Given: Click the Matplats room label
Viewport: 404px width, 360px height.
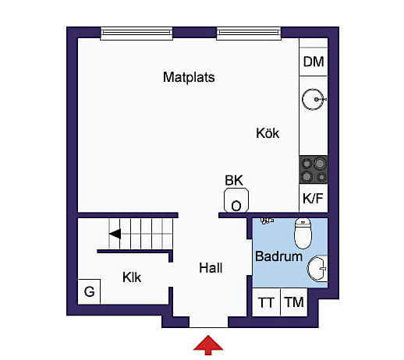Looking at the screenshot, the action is coord(189,77).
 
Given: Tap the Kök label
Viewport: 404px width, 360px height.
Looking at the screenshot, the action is coord(268,133).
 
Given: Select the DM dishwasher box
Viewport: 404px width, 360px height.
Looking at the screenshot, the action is coord(314,62).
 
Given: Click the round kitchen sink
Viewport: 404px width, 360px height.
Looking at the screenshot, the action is coord(314,99).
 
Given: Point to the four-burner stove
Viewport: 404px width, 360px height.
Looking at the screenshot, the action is coord(314,170).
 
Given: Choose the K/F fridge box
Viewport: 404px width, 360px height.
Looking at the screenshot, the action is coord(314,198).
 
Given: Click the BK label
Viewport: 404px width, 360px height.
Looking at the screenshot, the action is coord(234,180).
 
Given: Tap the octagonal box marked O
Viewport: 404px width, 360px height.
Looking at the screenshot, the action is coord(236,200).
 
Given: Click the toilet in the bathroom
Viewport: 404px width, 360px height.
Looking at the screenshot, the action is coord(303,233).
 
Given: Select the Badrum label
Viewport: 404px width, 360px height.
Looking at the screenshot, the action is coord(278,256).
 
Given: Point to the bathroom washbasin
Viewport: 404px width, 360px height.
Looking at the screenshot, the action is coord(317,269).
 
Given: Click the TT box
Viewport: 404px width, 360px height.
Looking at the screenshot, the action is coord(266,302).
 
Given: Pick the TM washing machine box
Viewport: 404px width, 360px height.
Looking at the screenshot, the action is coord(294,302).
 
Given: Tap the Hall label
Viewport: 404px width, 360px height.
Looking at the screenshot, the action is coord(211,268).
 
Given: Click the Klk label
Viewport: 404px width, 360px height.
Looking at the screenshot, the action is coord(132,277).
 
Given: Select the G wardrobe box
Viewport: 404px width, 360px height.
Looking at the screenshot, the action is coord(89,291).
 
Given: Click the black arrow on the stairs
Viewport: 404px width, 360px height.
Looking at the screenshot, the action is coord(115,234).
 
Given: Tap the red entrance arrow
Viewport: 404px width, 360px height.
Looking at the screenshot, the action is coord(208,345).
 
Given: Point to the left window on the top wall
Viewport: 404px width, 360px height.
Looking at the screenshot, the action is coord(136,34).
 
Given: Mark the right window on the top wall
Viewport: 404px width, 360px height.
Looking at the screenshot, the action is coord(249,34).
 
